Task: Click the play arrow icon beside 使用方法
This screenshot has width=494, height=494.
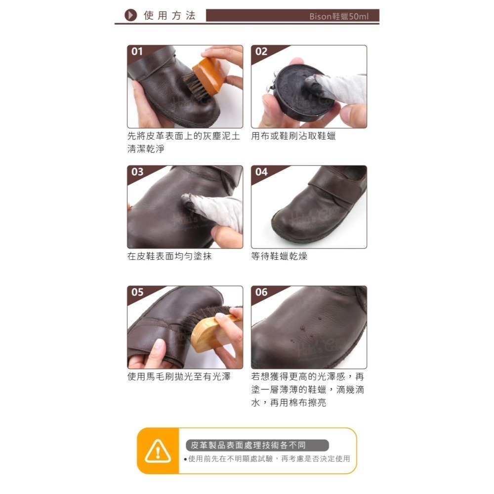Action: point(130,15)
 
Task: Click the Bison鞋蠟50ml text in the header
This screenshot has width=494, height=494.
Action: point(338,16)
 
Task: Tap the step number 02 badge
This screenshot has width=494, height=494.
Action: point(261,51)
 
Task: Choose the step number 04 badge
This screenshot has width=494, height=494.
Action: point(261,171)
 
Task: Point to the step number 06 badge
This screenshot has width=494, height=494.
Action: point(261,292)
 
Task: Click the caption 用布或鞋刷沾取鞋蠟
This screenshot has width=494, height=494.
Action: point(293,136)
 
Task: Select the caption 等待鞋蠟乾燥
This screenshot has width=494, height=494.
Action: point(279,256)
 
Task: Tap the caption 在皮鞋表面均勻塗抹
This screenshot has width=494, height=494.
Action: point(169,256)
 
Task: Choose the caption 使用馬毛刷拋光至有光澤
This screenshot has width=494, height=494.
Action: point(179,376)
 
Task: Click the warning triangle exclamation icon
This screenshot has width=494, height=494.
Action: point(158,451)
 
